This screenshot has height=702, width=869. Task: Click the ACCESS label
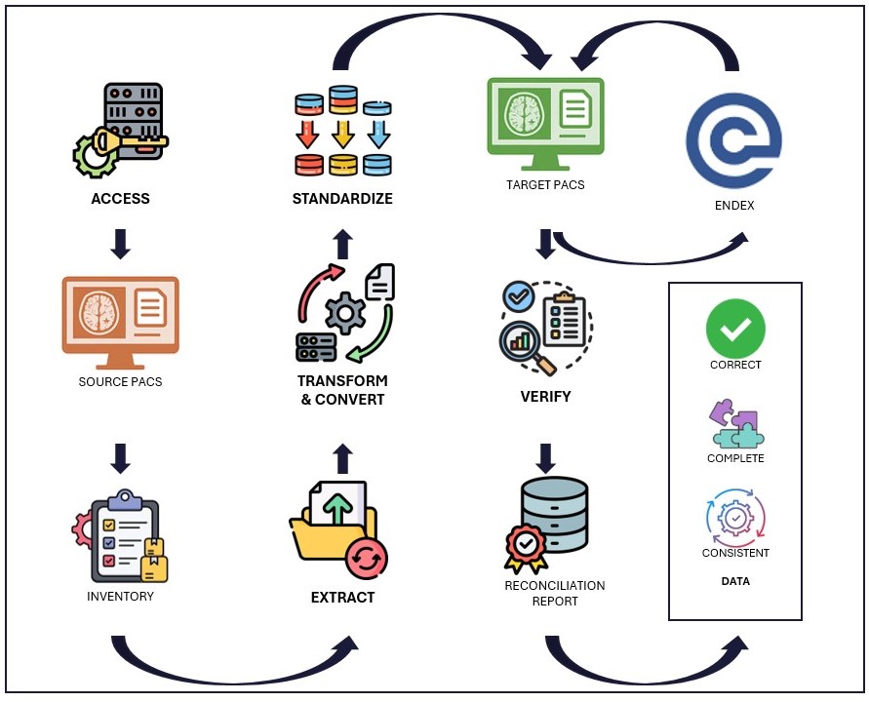120,199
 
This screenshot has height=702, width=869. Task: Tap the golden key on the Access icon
137,142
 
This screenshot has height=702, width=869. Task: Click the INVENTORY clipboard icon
120,535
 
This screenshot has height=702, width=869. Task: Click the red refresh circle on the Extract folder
367,558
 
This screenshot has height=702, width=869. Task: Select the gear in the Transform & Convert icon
343,313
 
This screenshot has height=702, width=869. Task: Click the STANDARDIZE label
342,199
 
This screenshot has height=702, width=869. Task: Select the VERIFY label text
545,397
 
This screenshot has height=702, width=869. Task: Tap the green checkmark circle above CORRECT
735,329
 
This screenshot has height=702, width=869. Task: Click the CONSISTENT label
735,553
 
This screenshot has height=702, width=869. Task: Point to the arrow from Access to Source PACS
120,245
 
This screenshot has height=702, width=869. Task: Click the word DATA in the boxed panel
735,581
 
